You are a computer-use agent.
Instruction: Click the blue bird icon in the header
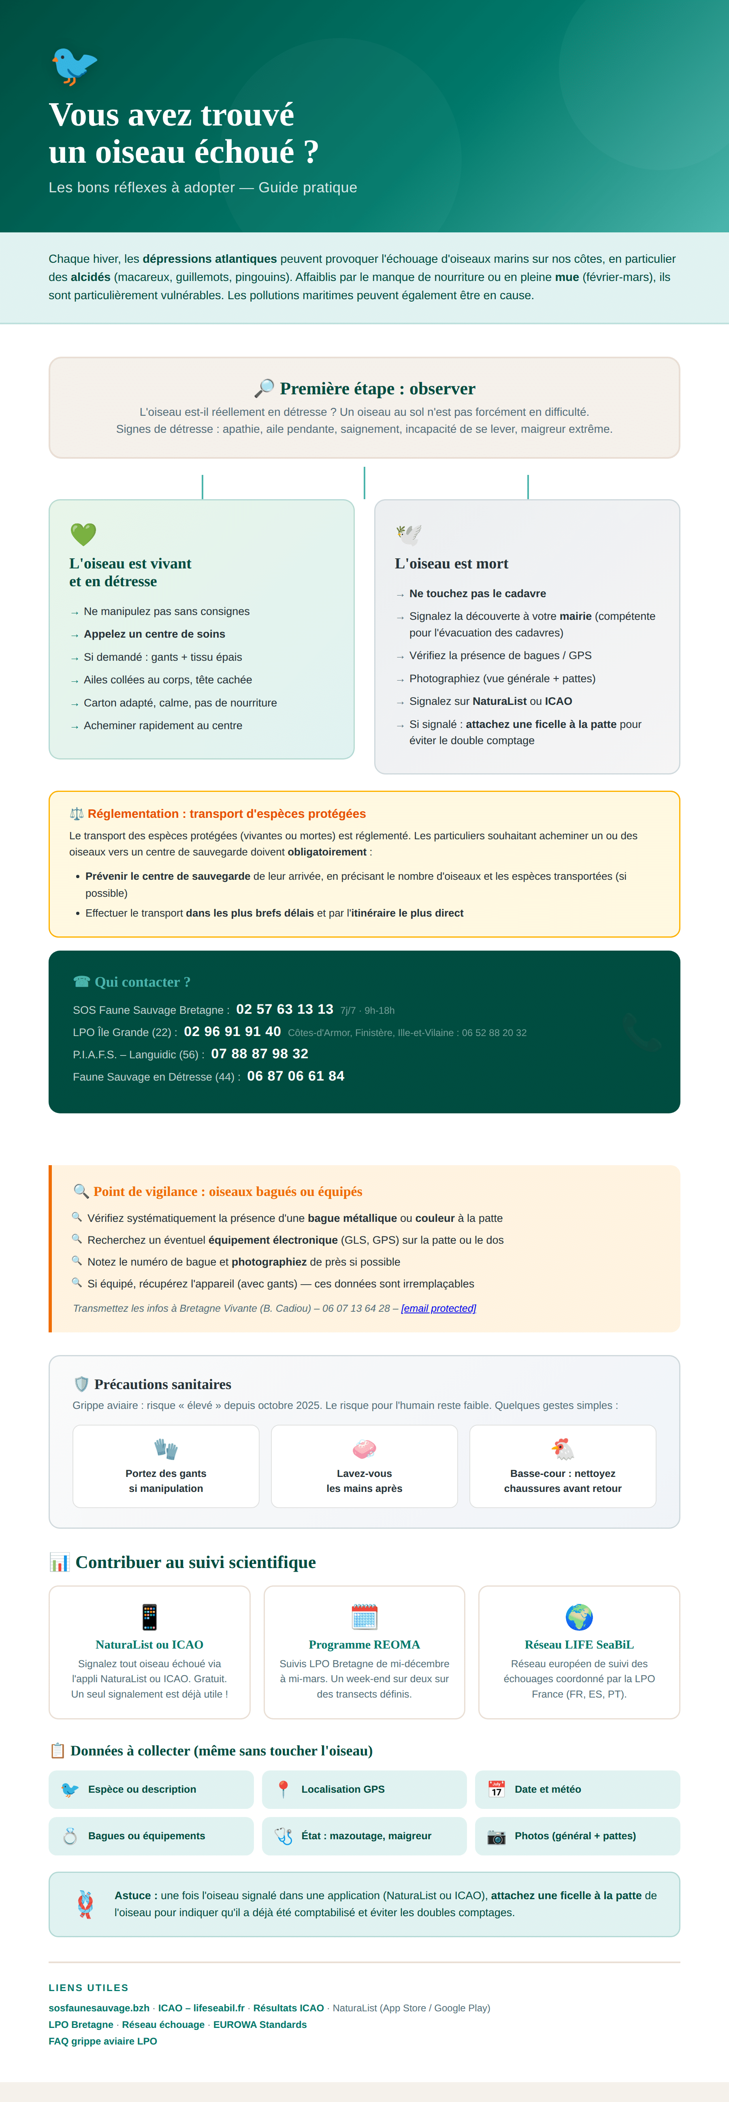tap(73, 65)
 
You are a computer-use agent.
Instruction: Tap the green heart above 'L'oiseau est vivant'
tap(83, 534)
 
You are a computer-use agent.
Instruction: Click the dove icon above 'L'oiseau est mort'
tap(408, 534)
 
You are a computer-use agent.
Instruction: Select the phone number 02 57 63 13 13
tap(284, 1009)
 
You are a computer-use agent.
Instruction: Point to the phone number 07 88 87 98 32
tap(260, 1054)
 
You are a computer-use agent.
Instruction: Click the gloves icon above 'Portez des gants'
tap(166, 1449)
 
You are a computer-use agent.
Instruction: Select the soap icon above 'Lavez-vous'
tap(364, 1449)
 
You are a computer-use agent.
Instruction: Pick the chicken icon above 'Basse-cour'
tap(563, 1449)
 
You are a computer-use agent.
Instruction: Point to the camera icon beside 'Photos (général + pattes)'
tap(497, 1836)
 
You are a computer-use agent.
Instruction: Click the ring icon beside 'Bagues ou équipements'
tap(70, 1836)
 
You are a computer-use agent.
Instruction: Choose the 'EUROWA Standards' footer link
tap(260, 2025)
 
